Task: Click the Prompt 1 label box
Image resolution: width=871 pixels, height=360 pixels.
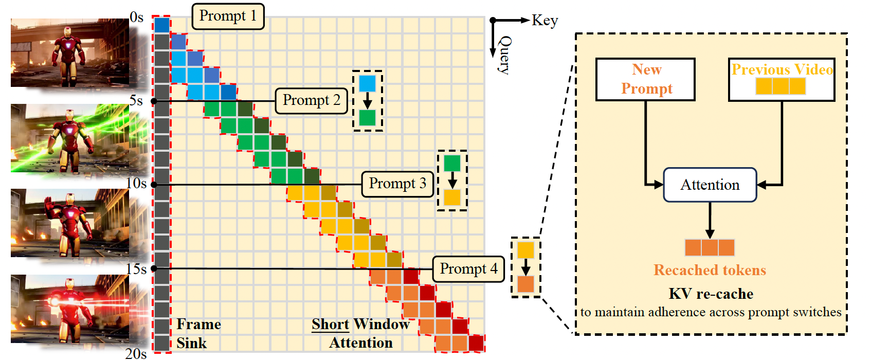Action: coord(228,16)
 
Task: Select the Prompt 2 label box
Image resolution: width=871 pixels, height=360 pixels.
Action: coord(312,101)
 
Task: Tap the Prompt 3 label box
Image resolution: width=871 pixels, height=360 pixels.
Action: coord(398,184)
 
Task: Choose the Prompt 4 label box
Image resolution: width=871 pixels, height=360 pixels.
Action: coord(468,269)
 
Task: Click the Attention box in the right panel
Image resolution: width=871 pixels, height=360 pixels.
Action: coord(710,185)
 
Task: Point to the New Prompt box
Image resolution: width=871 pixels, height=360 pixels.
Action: coord(645,79)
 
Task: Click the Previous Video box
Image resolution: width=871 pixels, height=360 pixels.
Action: coord(782,79)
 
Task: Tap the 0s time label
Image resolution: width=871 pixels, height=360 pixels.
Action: coord(137,17)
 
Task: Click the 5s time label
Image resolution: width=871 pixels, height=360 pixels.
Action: coord(136,101)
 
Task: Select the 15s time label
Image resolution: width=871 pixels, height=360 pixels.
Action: coord(136,269)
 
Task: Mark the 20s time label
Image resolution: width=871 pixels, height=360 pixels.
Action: coord(136,354)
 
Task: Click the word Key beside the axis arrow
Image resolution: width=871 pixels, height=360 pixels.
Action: coord(545,20)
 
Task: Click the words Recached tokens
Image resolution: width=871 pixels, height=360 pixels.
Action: coord(710,270)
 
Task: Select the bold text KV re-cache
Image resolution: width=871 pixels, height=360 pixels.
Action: coord(711,294)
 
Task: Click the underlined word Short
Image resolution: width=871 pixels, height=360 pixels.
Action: coord(331,324)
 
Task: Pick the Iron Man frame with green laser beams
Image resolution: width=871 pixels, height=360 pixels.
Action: coord(70,138)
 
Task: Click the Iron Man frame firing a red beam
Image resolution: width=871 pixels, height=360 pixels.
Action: coord(70,309)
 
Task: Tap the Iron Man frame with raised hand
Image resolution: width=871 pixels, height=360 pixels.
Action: coord(70,223)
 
